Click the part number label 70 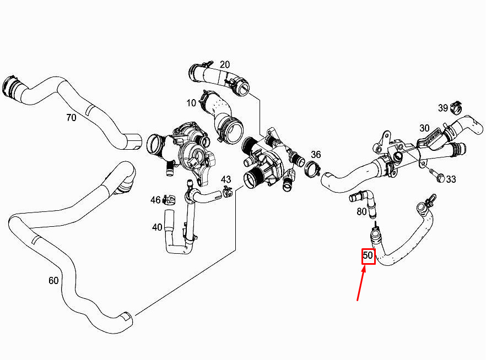[71, 117]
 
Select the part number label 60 [53, 280]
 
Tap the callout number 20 [225, 64]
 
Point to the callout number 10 [191, 103]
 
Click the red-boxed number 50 [368, 256]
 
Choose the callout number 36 [316, 155]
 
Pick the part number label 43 [226, 179]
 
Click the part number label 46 [155, 199]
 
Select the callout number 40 [158, 227]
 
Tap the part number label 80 [362, 211]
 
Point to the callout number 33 [451, 179]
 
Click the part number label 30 [424, 128]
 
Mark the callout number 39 [443, 107]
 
